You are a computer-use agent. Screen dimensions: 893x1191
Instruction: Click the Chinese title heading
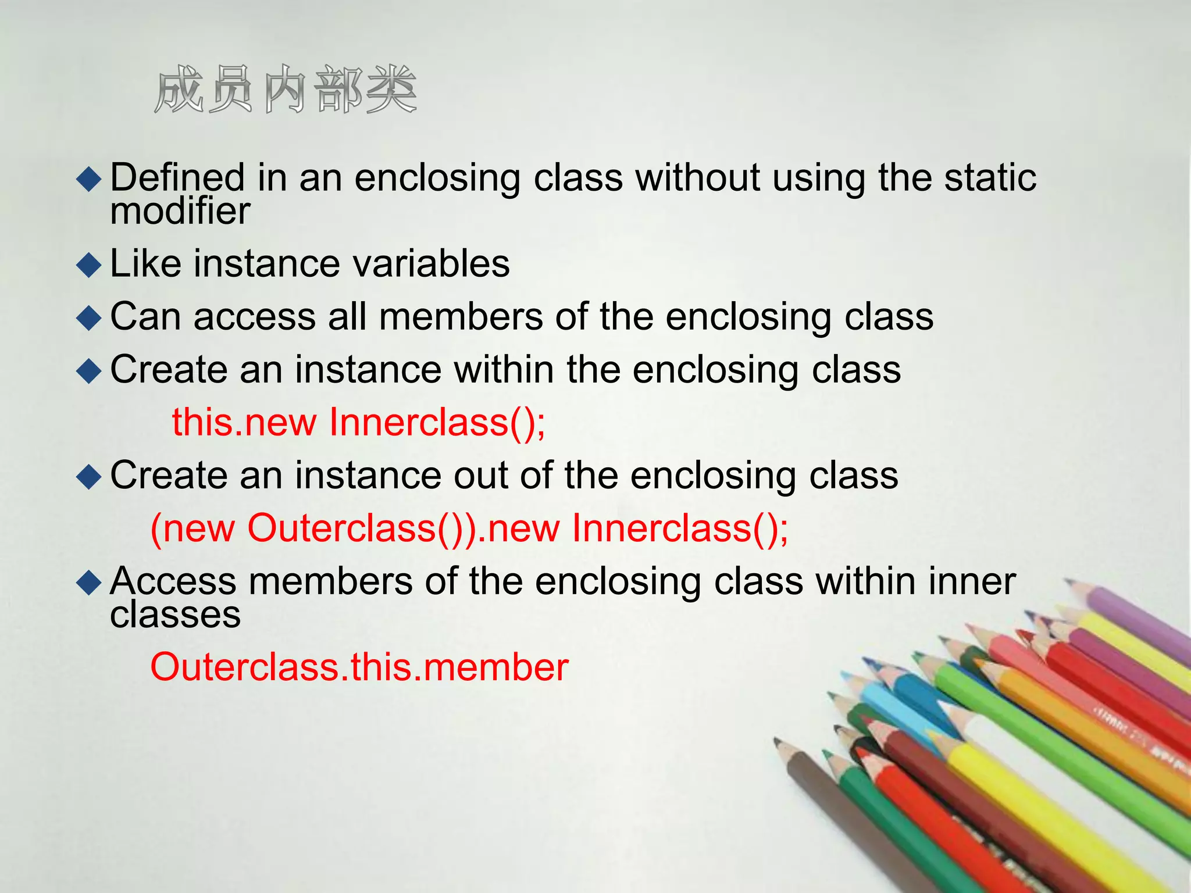285,90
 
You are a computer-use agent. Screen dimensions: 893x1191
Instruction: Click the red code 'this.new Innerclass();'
358,422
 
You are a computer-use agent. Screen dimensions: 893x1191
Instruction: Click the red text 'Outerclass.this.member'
359,667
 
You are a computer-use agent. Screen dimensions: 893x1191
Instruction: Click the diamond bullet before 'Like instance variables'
89,265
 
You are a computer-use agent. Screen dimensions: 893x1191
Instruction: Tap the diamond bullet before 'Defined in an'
89,179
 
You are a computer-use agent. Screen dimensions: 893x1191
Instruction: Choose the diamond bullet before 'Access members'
89,583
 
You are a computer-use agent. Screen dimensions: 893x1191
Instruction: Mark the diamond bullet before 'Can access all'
89,319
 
